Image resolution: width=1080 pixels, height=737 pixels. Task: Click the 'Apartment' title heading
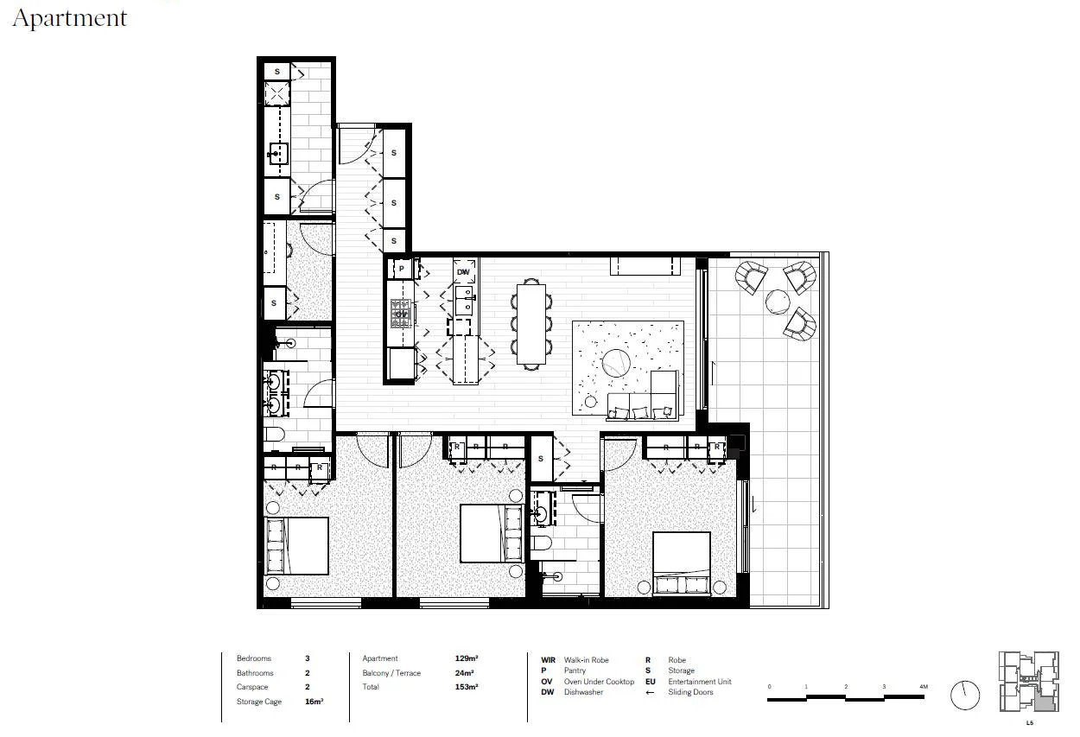[x=70, y=18]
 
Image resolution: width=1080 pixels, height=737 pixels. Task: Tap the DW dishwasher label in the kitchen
[x=464, y=272]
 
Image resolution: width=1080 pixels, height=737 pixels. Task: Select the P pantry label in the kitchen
[x=401, y=270]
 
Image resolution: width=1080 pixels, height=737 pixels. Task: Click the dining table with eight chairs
[x=532, y=323]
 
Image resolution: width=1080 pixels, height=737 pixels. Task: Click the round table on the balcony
[x=777, y=302]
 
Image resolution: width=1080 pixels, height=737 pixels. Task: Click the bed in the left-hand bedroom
[x=296, y=546]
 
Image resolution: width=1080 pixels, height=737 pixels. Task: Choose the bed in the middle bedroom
[x=491, y=533]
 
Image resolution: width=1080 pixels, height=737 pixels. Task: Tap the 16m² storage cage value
[x=314, y=702]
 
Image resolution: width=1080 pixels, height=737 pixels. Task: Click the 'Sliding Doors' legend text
[x=690, y=692]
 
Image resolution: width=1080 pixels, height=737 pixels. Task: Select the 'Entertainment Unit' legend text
[x=699, y=682]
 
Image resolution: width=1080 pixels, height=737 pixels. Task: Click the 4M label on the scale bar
[x=923, y=687]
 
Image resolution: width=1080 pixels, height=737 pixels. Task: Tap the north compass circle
[x=965, y=694]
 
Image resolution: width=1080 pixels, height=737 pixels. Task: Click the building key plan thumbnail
[x=1028, y=682]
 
